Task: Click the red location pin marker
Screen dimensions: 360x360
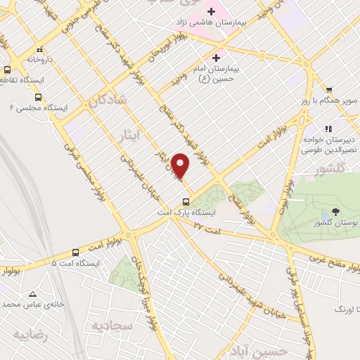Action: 181,166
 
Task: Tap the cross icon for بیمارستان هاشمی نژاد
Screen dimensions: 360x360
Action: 210,11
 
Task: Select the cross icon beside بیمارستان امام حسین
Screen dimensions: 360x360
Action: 216,57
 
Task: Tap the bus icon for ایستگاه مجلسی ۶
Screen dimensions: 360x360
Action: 38,98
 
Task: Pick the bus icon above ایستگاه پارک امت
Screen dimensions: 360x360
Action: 186,201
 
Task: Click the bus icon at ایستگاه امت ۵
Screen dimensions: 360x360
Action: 75,252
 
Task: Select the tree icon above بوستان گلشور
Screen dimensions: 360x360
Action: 334,212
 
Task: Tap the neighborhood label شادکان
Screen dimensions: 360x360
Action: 108,102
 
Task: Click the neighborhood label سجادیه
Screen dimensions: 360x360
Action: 108,324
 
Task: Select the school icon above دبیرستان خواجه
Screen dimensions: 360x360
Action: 327,129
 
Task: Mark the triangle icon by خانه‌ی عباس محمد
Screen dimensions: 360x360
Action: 32,294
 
